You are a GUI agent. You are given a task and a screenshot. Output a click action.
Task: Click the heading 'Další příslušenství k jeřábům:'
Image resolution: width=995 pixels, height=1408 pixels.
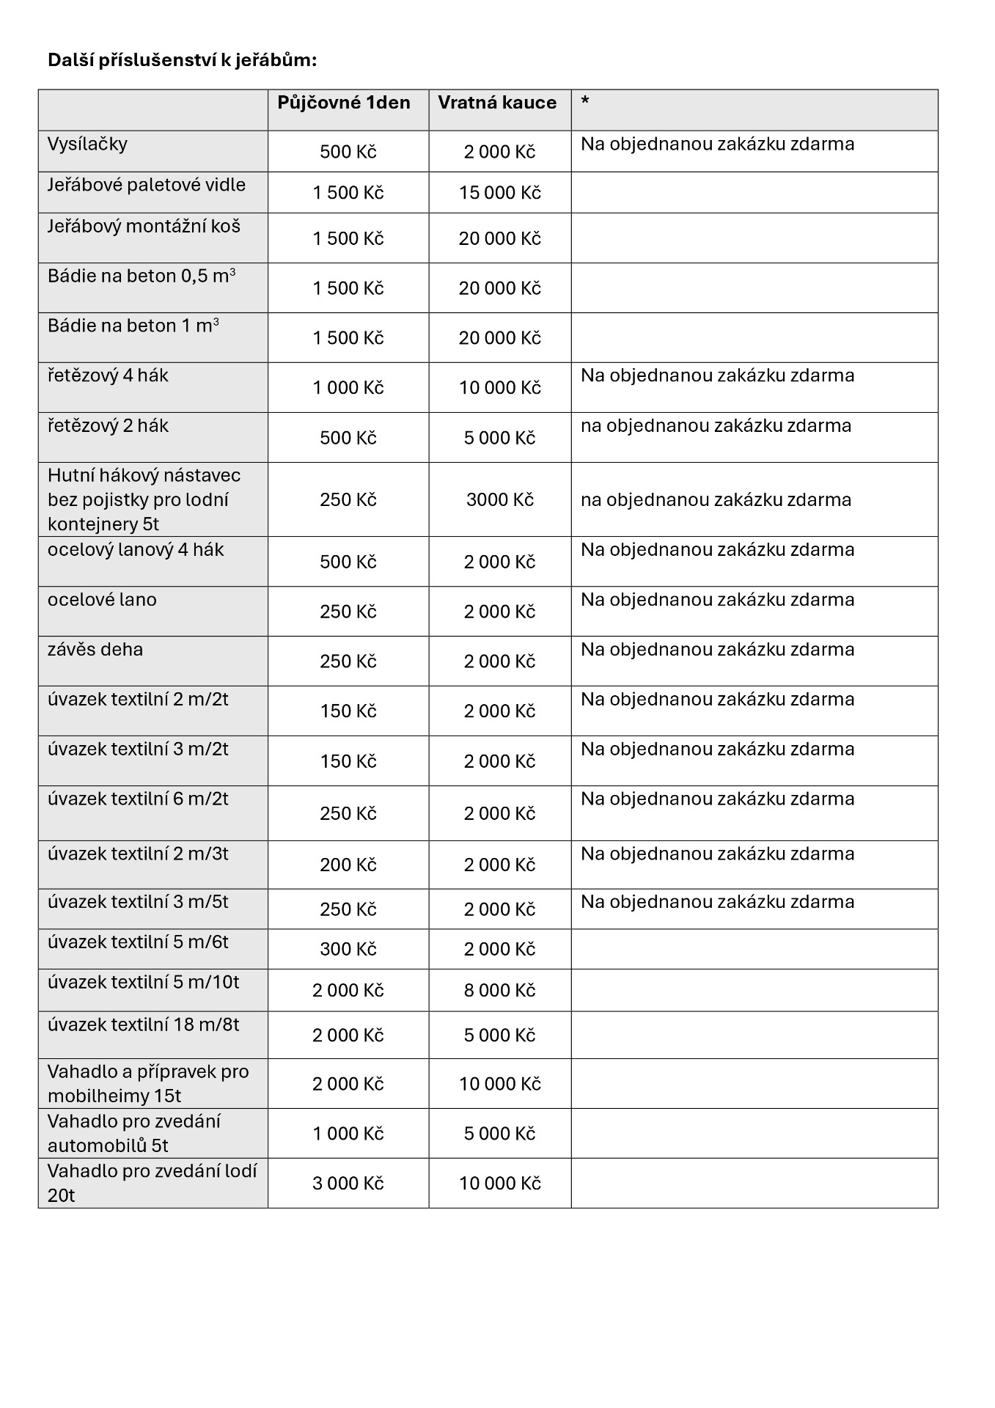182,60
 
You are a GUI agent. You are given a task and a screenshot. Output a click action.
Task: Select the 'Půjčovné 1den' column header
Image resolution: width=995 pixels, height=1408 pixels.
343,103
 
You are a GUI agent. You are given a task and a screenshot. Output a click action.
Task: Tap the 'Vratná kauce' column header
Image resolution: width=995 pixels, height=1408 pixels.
497,103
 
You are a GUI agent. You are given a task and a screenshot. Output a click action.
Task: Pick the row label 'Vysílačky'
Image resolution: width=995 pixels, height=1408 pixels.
87,144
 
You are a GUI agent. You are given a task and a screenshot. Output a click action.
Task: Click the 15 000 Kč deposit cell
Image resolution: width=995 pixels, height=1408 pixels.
499,193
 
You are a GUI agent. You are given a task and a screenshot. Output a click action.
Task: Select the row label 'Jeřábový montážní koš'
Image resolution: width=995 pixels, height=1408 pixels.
144,226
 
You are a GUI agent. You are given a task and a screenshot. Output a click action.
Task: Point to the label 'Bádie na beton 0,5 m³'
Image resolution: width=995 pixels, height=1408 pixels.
142,276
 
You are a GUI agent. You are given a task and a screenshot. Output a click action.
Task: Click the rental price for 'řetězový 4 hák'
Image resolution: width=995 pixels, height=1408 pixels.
348,388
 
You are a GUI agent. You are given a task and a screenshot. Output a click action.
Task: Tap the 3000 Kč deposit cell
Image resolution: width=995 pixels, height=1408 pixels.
499,500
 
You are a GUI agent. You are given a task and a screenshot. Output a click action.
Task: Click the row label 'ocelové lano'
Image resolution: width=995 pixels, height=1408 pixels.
102,600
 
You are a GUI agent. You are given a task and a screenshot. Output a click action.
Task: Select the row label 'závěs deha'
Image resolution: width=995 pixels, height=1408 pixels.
95,650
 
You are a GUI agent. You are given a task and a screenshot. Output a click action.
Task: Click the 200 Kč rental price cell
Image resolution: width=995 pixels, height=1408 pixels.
348,865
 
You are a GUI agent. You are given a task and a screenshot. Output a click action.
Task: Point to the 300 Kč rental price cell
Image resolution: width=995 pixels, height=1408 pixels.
348,950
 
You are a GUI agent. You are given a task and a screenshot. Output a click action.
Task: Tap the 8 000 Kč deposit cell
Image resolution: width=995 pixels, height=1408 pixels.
499,991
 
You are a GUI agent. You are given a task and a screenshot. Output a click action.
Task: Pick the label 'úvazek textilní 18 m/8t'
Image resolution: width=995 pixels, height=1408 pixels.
143,1024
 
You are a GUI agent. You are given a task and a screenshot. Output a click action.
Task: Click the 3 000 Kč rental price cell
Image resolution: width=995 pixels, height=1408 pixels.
348,1184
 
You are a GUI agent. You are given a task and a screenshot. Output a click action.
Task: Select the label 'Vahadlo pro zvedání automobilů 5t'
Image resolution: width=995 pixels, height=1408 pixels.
134,1133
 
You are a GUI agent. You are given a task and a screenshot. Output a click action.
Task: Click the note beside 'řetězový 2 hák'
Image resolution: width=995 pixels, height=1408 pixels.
716,426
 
